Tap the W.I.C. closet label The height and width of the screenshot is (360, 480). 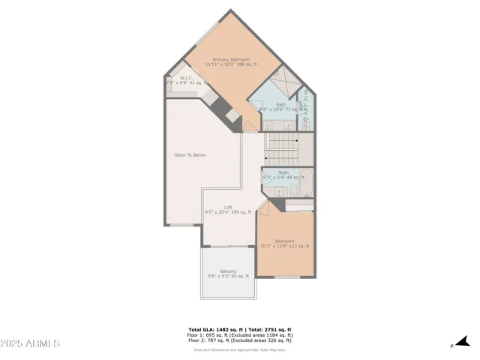[x=187, y=77]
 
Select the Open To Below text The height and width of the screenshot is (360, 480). [x=190, y=155]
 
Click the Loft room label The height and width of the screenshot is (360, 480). [x=228, y=207]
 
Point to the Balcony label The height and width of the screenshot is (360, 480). [x=228, y=271]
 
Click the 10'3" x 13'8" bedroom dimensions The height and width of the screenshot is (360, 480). [x=284, y=246]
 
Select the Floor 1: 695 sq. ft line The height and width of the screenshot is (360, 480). [x=239, y=335]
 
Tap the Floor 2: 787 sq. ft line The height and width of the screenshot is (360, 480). [x=239, y=340]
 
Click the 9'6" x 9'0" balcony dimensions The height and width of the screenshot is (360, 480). [x=228, y=277]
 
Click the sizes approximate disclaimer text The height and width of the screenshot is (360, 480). [x=239, y=349]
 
